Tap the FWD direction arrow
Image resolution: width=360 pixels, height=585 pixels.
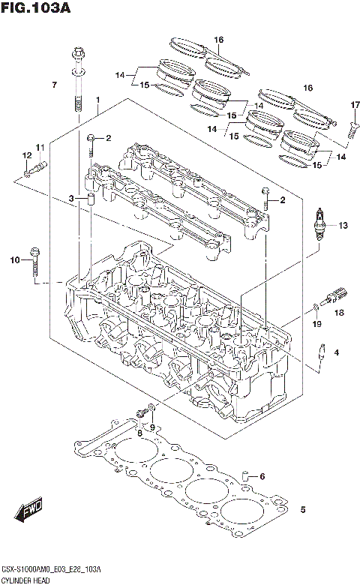point(31,513)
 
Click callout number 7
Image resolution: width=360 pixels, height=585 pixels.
point(54,85)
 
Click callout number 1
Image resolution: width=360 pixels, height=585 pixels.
point(97,100)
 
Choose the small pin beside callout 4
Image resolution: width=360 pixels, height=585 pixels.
point(322,353)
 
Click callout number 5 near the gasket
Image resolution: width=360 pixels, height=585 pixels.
point(302,511)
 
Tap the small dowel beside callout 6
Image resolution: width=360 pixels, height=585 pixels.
point(244,476)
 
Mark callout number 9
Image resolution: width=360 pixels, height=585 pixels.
point(152,427)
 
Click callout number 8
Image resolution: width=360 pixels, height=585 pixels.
point(139,433)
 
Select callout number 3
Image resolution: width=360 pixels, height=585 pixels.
point(72,198)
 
